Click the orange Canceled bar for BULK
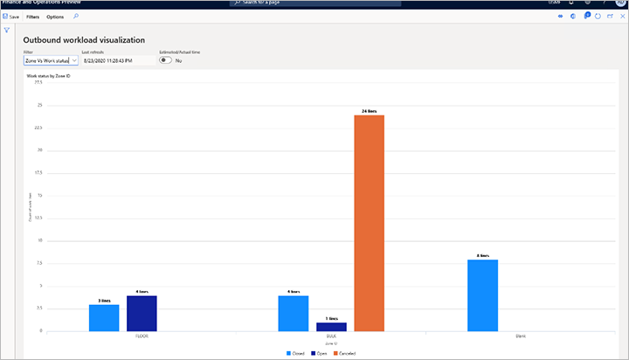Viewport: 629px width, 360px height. point(369,223)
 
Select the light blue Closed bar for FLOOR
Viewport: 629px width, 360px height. point(104,317)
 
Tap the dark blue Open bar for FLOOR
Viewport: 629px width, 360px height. point(142,313)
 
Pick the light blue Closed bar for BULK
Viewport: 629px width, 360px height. point(294,313)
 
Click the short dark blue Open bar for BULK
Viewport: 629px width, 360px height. point(331,327)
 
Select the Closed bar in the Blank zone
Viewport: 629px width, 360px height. point(483,295)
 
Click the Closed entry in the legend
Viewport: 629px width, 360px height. point(297,353)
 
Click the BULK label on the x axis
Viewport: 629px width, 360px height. point(331,335)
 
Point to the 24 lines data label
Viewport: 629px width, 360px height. point(369,111)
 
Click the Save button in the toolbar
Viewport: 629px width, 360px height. point(12,17)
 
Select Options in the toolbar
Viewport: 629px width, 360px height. point(55,17)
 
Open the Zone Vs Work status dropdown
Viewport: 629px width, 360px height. point(51,60)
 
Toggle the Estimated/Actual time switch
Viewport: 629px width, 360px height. point(166,60)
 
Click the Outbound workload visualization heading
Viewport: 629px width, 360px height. point(84,40)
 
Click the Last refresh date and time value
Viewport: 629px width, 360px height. point(107,60)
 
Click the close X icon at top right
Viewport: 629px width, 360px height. point(619,17)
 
